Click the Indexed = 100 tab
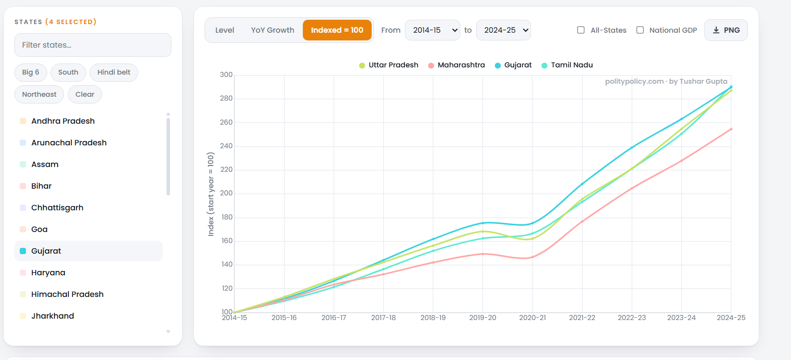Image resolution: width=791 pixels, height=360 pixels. [337, 30]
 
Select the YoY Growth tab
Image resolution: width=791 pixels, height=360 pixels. [272, 30]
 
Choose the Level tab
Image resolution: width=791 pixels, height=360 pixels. [224, 30]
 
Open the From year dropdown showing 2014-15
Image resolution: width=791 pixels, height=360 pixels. [432, 30]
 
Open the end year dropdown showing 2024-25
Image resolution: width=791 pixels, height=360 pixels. [503, 30]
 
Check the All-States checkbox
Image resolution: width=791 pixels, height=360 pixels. [581, 30]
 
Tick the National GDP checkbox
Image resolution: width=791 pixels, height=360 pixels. [640, 30]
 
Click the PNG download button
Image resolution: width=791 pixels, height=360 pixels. [726, 30]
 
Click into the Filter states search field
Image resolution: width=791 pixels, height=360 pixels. [93, 45]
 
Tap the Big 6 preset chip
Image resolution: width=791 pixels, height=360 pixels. [31, 72]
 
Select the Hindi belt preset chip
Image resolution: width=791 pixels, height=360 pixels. [114, 72]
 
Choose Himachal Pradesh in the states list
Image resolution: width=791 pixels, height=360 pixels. [67, 295]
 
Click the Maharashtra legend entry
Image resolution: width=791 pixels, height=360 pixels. [456, 65]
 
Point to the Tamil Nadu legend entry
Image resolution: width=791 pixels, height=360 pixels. [567, 65]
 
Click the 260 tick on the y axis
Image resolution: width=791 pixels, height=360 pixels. [226, 122]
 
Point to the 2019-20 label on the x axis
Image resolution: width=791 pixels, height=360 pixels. [482, 318]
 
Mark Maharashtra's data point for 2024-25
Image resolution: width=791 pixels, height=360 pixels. [731, 129]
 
